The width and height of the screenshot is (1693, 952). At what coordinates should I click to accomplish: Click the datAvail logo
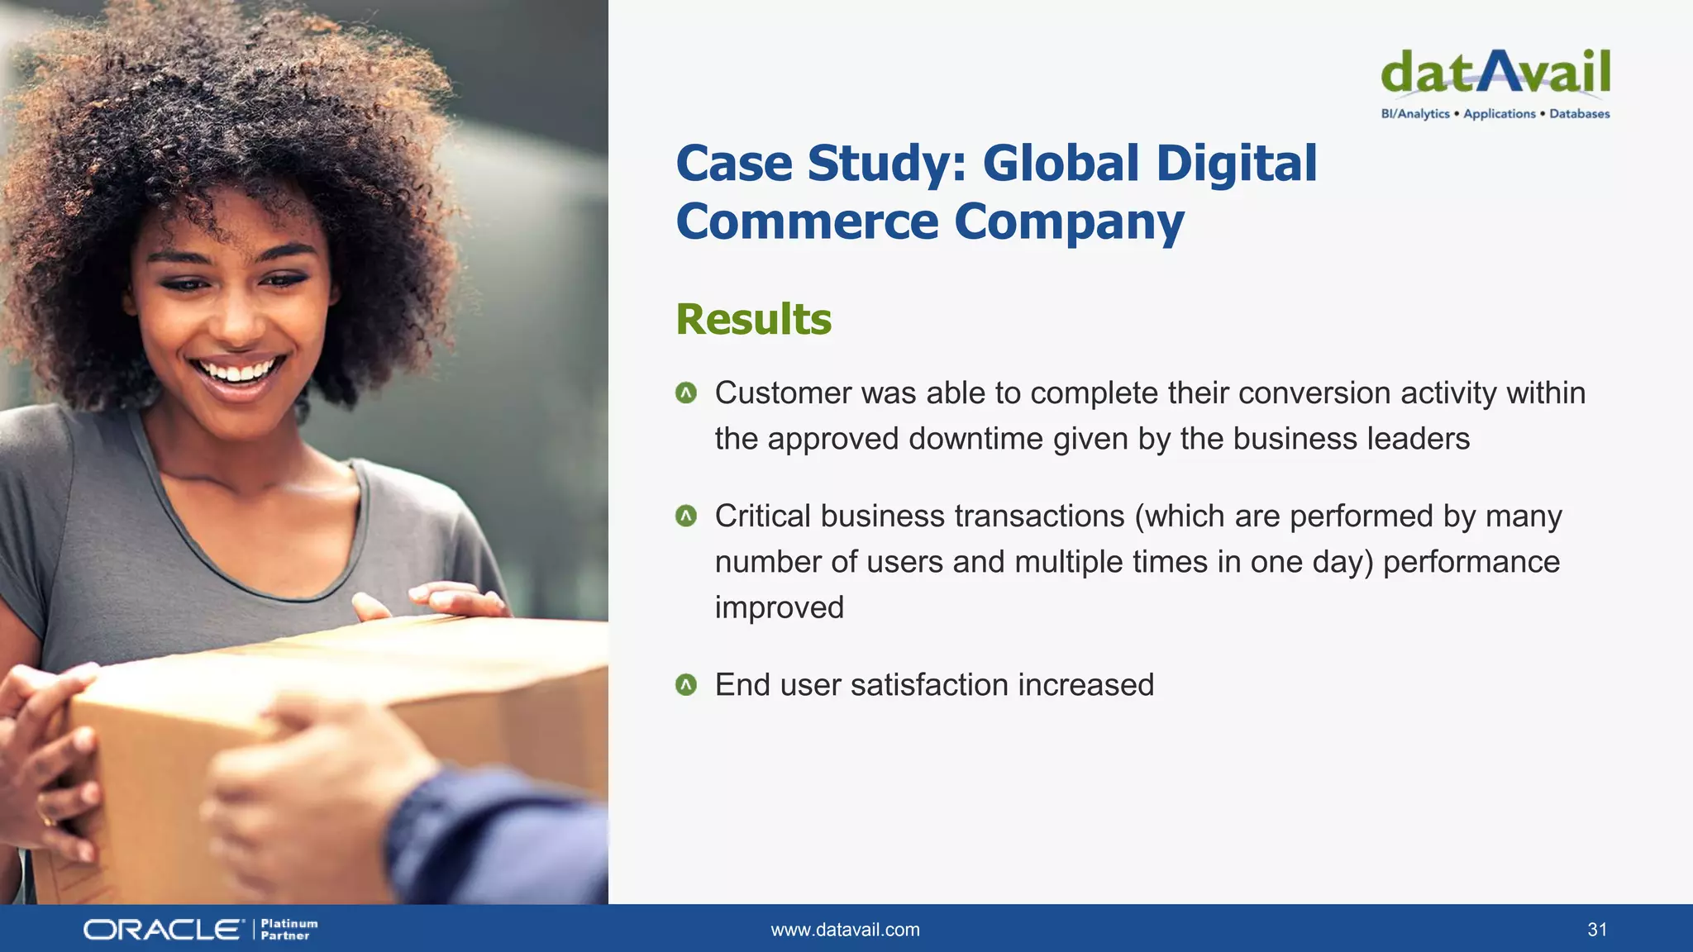point(1495,73)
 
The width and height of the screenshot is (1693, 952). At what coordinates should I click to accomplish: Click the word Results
point(753,319)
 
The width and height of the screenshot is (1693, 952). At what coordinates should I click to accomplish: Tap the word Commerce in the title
point(807,221)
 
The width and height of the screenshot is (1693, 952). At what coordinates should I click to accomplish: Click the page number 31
point(1597,930)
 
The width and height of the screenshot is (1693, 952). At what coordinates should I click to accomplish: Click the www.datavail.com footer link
point(845,930)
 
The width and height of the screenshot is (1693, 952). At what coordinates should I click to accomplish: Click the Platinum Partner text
point(289,930)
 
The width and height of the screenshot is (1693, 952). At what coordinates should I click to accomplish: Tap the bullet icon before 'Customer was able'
point(686,393)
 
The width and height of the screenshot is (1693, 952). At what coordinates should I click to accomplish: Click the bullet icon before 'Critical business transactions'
point(686,516)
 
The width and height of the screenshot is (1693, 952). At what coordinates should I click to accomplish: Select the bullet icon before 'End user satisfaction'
point(686,685)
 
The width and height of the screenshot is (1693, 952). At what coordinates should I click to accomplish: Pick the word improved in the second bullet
point(779,607)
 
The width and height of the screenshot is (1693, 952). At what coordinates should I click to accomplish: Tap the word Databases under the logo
point(1579,114)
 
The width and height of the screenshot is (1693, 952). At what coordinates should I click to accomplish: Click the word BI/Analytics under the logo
point(1414,114)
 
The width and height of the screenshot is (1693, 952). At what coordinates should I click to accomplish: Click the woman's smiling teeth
point(240,371)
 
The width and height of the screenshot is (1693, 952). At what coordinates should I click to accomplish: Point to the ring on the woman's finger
point(46,820)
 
